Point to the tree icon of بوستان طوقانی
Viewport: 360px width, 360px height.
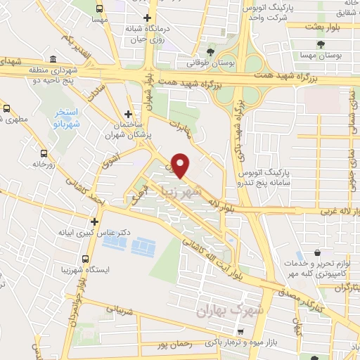(x=210, y=52)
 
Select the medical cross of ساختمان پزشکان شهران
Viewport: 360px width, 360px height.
(x=127, y=114)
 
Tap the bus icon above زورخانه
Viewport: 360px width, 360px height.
(x=44, y=153)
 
